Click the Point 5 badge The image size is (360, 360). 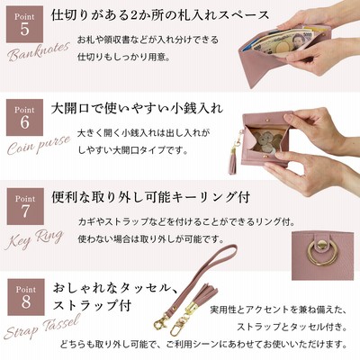click(x=24, y=24)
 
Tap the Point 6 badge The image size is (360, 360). click(x=24, y=117)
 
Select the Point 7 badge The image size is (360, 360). click(x=25, y=206)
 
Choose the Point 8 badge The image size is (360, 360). click(x=26, y=297)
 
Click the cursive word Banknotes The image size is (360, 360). click(x=39, y=51)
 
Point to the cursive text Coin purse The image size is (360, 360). click(x=39, y=145)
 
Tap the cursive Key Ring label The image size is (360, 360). click(x=33, y=239)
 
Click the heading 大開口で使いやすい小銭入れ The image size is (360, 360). click(x=137, y=108)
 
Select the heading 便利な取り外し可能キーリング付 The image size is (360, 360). click(x=150, y=197)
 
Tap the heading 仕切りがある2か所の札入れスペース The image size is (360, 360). click(x=160, y=15)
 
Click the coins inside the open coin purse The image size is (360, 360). click(x=266, y=140)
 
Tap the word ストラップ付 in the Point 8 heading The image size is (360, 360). click(x=92, y=305)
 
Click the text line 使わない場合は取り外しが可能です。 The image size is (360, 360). click(x=151, y=239)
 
